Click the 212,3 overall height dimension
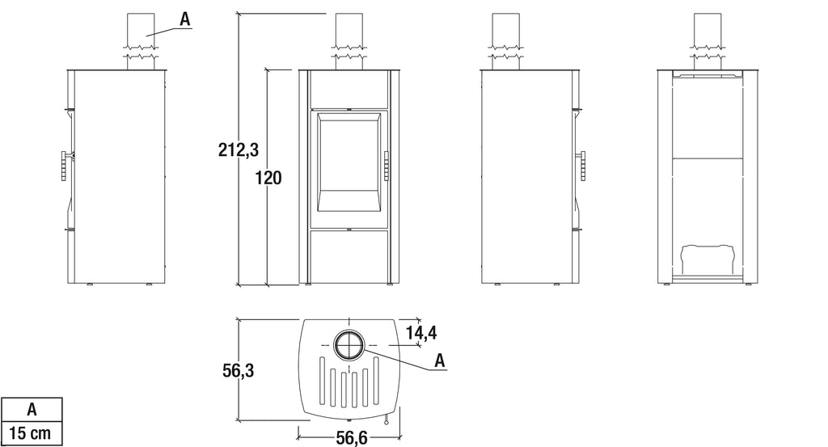coord(238,150)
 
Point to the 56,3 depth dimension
coord(238,371)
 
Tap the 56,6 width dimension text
coord(351,437)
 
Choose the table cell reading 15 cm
coord(31,433)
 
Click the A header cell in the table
coord(31,409)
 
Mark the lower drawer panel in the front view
coord(349,256)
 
